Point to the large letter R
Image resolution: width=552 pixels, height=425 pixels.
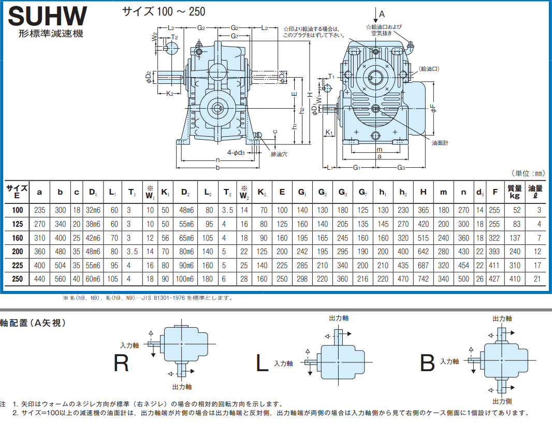pyautogui.click(x=121, y=363)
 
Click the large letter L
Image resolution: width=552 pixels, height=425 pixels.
pyautogui.click(x=263, y=363)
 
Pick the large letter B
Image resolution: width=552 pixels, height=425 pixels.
pyautogui.click(x=427, y=363)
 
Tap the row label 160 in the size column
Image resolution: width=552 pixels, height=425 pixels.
pyautogui.click(x=18, y=238)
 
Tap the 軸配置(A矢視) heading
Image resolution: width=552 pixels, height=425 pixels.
pyautogui.click(x=33, y=323)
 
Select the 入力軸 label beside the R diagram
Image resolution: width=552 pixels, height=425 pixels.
pyautogui.click(x=129, y=345)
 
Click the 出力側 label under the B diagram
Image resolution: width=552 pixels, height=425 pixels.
pyautogui.click(x=502, y=401)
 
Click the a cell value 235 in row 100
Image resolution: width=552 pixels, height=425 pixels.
pyautogui.click(x=40, y=210)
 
